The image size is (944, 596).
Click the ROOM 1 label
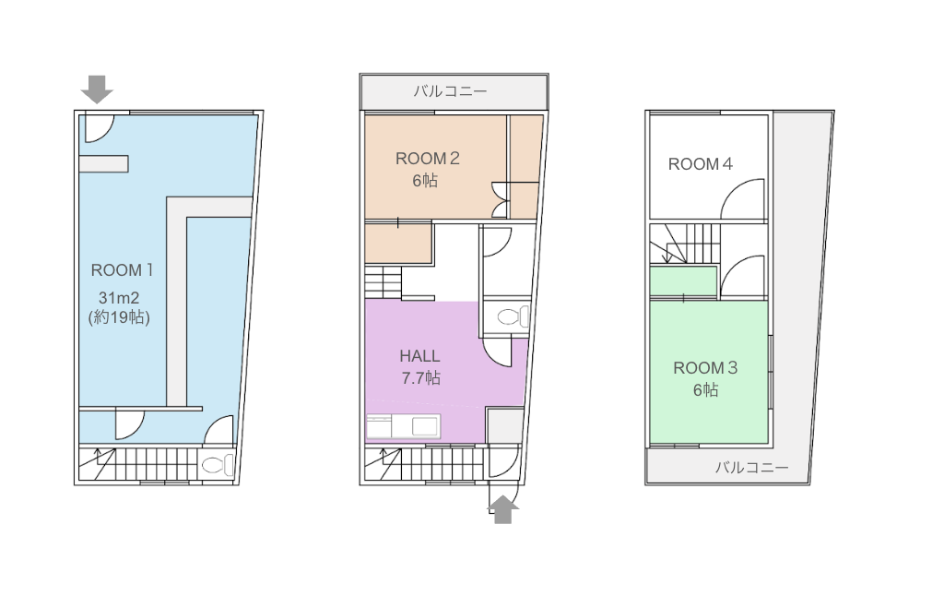pos(123,270)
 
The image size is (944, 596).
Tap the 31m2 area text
pos(119,298)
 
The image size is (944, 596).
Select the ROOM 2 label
pos(428,159)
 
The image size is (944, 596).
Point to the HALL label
pos(419,355)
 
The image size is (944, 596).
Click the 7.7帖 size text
pos(420,378)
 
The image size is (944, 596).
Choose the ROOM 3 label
pos(705,367)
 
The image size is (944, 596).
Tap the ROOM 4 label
pos(701,164)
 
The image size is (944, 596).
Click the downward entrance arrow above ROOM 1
pos(97,89)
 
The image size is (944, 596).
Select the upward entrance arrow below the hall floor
pos(502,509)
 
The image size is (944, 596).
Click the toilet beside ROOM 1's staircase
pos(218,465)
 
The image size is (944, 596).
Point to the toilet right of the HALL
pos(513,316)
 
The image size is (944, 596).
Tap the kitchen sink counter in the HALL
pos(404,426)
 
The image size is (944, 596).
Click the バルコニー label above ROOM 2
pos(450,91)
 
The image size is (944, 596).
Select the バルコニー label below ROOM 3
pos(752,468)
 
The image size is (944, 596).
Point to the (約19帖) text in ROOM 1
pos(119,317)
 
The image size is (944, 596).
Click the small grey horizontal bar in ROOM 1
pos(103,164)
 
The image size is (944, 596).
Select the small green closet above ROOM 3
pos(683,281)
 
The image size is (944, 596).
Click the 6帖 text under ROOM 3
pos(705,390)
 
